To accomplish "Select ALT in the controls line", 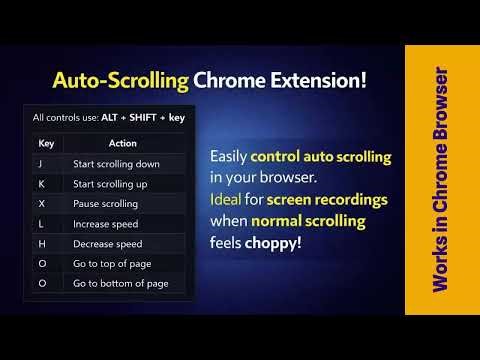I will tap(111, 117).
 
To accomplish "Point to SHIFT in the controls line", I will tap(145, 117).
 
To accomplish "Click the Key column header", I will tap(46, 143).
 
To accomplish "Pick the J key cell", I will tap(41, 163).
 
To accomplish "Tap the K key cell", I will tap(41, 183).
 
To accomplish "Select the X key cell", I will tap(41, 203).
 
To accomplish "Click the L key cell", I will tap(41, 223).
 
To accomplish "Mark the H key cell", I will tap(41, 243).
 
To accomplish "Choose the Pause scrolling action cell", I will tap(105, 203).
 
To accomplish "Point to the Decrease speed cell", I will tap(107, 243).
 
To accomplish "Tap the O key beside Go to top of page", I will tap(41, 263).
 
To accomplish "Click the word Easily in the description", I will tap(229, 156).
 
